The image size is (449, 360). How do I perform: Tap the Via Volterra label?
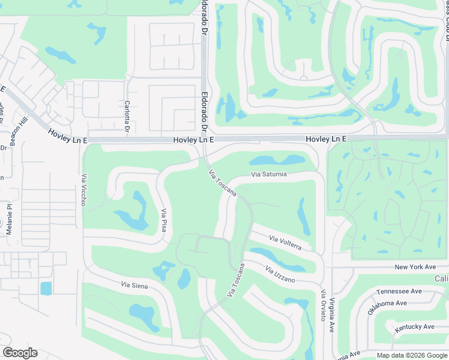click(290, 242)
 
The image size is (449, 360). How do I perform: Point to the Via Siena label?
click(134, 285)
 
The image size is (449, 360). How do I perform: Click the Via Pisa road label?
click(163, 220)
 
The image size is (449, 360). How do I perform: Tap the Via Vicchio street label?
click(84, 190)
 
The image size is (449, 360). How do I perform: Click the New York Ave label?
click(415, 267)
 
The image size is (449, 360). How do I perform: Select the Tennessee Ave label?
click(399, 292)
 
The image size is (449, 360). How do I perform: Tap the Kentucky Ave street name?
click(414, 327)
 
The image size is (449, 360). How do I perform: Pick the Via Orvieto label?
click(323, 305)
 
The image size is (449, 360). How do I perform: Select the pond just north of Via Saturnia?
click(277, 161)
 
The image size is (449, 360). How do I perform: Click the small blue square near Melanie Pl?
click(46, 288)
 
